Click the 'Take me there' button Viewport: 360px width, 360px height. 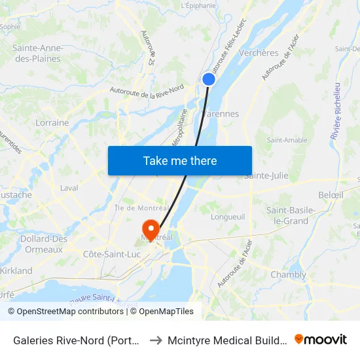tap(180, 160)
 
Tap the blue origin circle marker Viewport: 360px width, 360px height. tap(209, 79)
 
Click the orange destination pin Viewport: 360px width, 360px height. tap(151, 230)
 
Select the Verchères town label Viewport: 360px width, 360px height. tap(259, 53)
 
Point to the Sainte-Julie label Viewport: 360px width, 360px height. tap(266, 175)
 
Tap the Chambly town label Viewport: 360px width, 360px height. tap(288, 275)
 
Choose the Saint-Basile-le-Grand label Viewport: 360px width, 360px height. tap(291, 215)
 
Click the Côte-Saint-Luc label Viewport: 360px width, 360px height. tap(111, 254)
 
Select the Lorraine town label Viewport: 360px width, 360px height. tap(52, 122)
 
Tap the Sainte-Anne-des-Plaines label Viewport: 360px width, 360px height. tap(37, 53)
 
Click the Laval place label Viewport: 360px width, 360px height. tap(69, 188)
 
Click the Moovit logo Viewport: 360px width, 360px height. tap(321, 339)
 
